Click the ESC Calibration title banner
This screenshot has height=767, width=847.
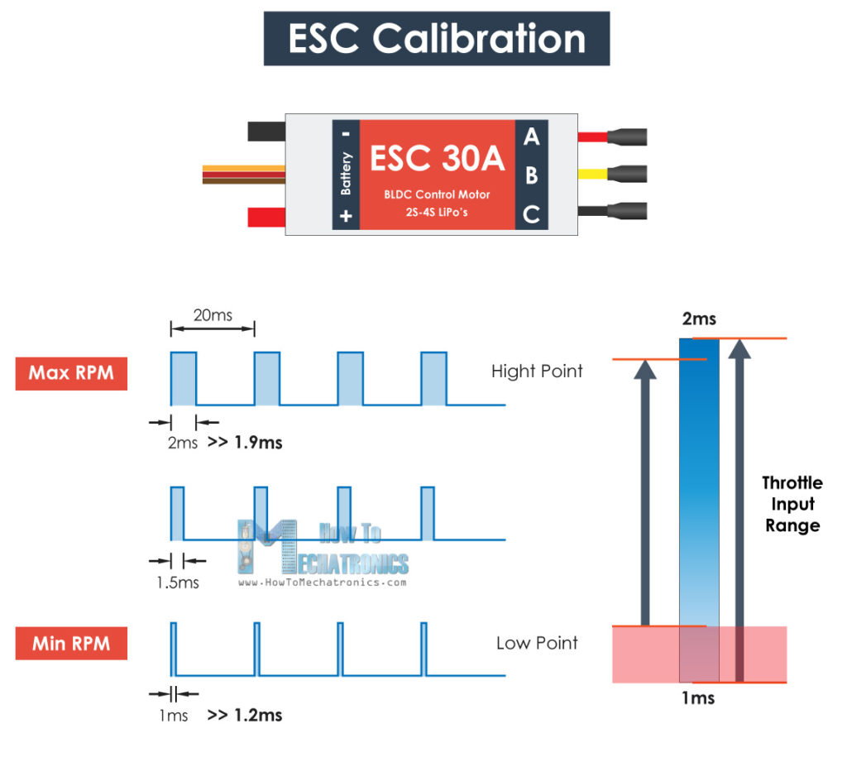click(x=437, y=38)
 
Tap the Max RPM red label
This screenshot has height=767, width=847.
click(x=71, y=372)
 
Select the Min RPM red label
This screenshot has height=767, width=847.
click(x=71, y=643)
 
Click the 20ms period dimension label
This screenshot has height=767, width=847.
click(x=212, y=314)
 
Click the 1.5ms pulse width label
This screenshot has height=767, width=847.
click(x=178, y=582)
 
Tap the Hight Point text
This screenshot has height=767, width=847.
click(x=537, y=371)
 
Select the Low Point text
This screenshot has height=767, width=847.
click(x=537, y=643)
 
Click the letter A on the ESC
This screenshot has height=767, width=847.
click(x=531, y=137)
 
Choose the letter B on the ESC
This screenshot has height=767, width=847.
click(x=531, y=175)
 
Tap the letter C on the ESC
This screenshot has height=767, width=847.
click(x=531, y=215)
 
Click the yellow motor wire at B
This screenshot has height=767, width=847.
click(x=594, y=175)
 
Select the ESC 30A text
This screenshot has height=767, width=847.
click(x=437, y=159)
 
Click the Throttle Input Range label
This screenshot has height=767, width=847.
click(x=792, y=504)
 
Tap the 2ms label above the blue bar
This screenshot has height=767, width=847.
click(x=699, y=319)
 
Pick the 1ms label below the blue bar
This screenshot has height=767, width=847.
click(x=698, y=697)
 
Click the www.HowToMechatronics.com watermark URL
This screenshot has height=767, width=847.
click(x=323, y=582)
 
